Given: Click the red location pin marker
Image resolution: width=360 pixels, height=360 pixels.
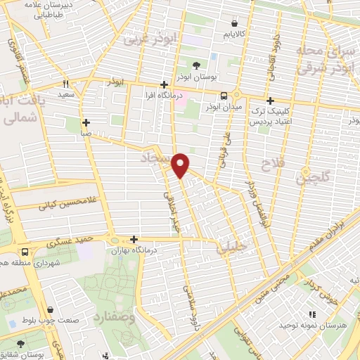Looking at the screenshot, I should [x=181, y=164].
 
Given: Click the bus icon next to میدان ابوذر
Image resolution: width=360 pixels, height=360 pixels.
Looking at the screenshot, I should [x=224, y=96].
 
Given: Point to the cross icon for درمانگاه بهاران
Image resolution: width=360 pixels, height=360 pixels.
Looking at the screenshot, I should [x=134, y=239].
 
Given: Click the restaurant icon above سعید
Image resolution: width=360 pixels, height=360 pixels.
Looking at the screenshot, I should [x=84, y=83].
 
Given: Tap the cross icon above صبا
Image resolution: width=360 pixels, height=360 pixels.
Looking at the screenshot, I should [x=86, y=122].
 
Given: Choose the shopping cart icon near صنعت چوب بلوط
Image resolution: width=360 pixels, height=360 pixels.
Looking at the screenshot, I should [x=50, y=308].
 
